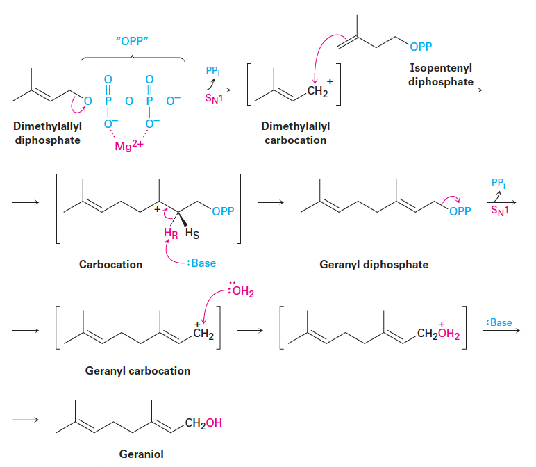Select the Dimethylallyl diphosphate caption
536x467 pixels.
(47, 134)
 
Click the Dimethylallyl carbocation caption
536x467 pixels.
(295, 134)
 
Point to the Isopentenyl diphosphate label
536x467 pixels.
(441, 76)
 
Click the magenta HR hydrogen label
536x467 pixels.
(170, 233)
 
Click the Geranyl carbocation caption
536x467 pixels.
(137, 370)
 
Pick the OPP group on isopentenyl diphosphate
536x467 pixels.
(420, 47)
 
